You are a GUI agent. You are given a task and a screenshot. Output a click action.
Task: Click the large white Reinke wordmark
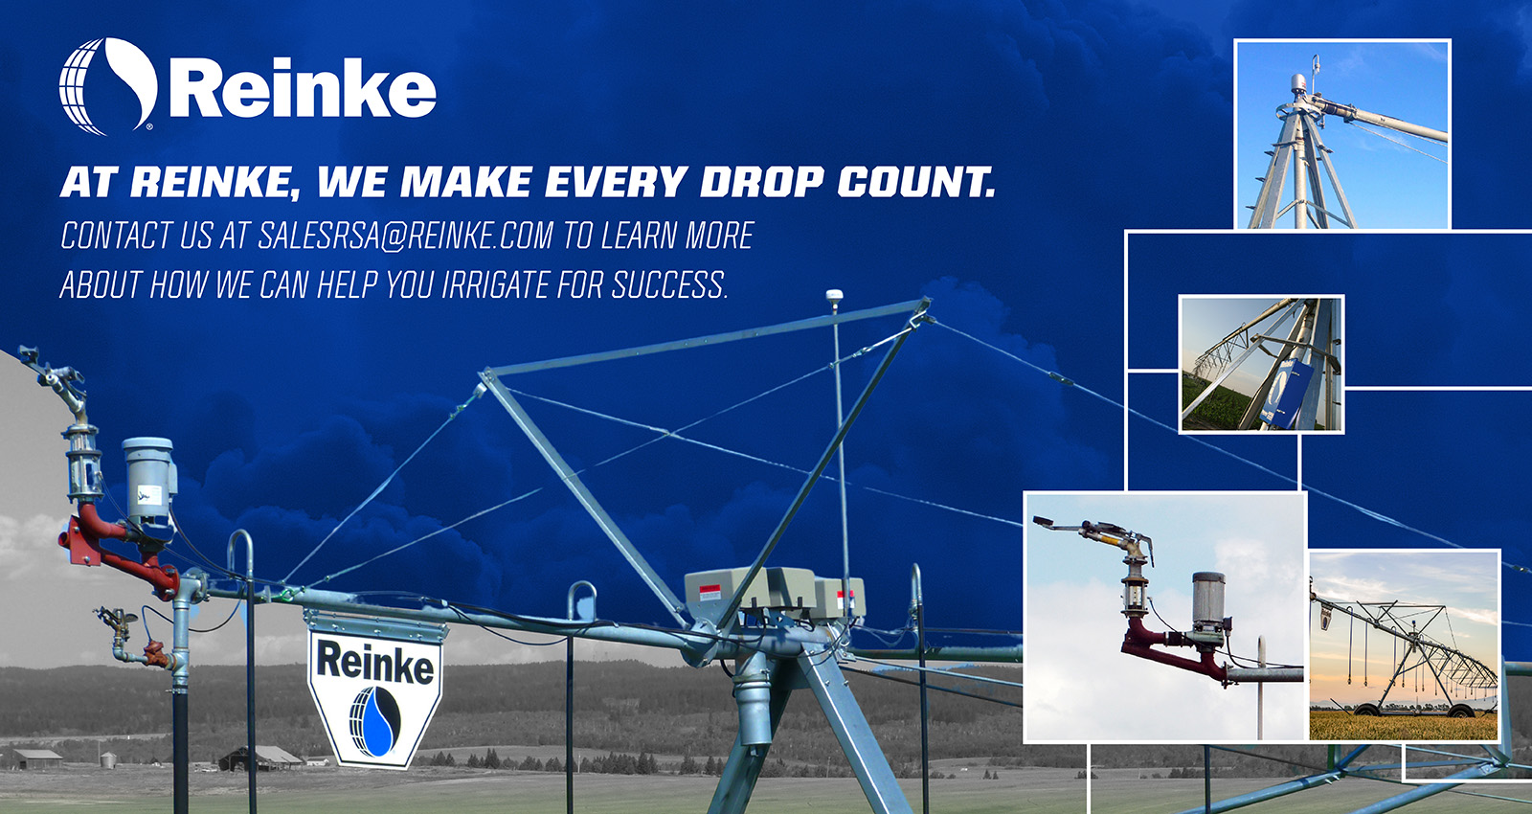coord(303,90)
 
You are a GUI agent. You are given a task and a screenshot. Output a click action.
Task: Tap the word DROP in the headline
coord(760,182)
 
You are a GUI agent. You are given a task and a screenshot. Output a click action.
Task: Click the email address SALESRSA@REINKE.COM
coord(405,236)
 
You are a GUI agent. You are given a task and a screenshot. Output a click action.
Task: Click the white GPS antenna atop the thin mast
coord(834,296)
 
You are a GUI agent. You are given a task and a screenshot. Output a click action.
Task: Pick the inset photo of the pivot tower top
coord(1341,134)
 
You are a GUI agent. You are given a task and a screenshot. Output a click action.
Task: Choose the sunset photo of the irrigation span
coord(1403,644)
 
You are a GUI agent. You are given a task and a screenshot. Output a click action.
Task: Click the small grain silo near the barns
coord(107,759)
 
